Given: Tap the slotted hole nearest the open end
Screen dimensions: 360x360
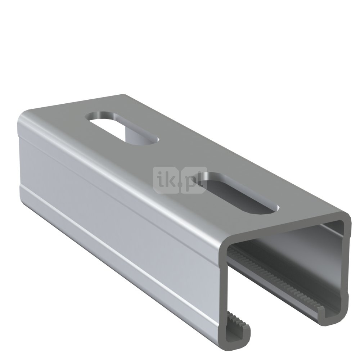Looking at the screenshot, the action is click(x=241, y=193).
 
